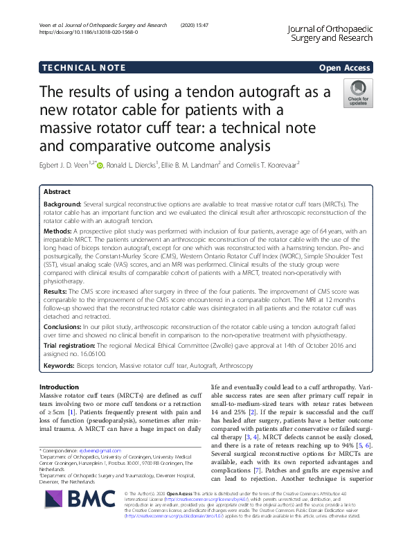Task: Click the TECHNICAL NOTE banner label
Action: tap(84, 67)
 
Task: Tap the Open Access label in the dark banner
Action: tap(345, 67)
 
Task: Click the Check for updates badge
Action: tap(358, 94)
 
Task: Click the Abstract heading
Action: tap(57, 191)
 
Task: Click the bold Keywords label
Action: tap(60, 365)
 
